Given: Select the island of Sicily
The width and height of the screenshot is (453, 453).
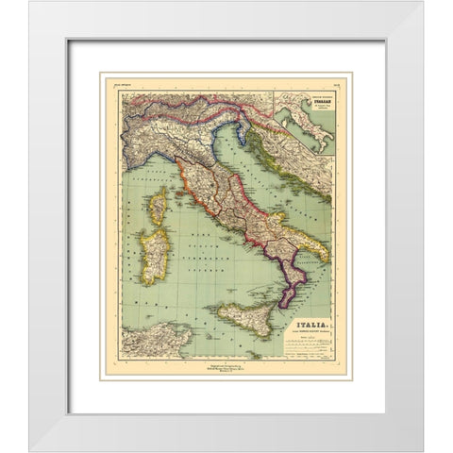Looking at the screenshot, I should (247, 318).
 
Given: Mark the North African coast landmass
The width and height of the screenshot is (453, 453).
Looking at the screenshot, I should (142, 339).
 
